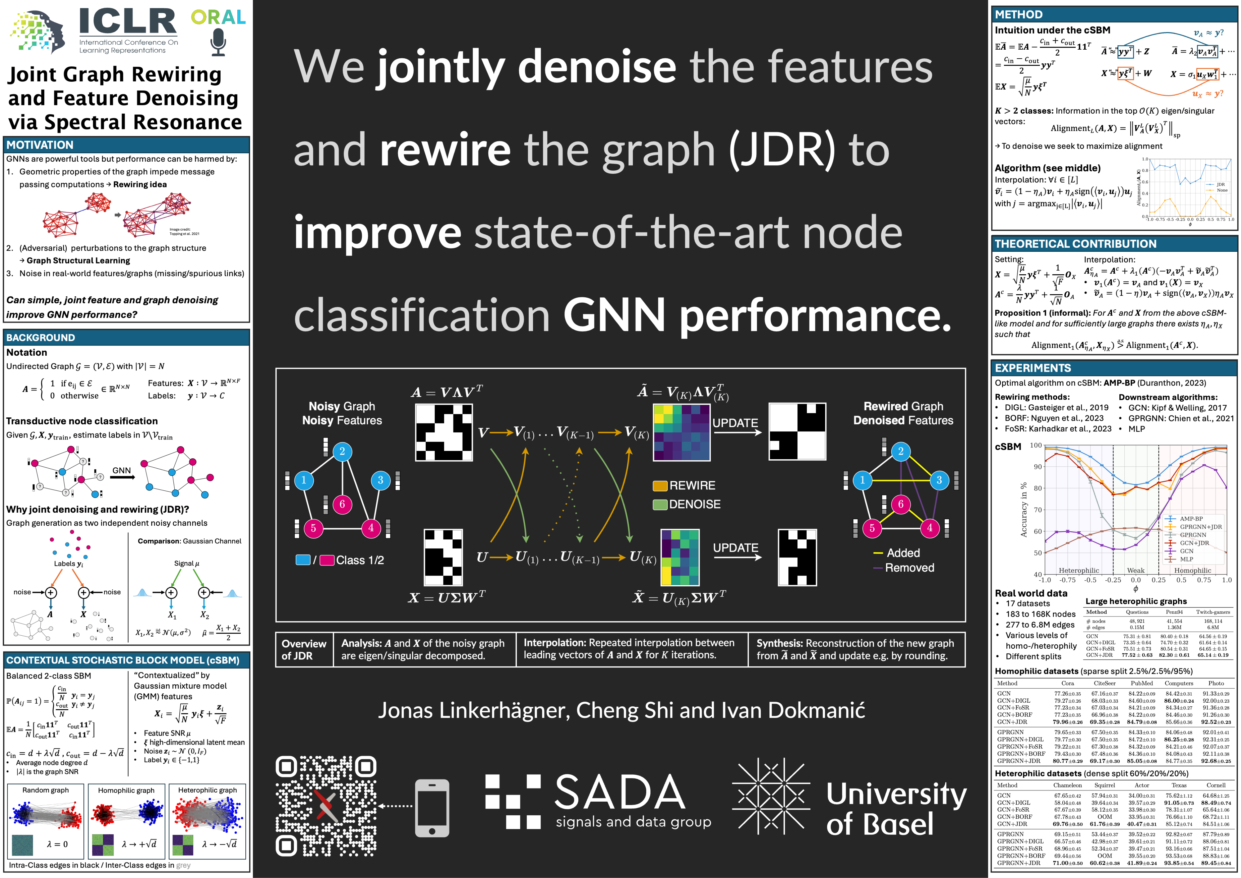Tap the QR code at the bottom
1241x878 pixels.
click(x=326, y=806)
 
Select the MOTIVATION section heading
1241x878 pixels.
click(x=40, y=145)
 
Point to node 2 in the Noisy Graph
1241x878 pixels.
click(x=342, y=452)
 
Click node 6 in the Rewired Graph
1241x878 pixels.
click(x=900, y=504)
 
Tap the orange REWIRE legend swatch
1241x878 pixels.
click(x=660, y=485)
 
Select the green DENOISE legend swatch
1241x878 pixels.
click(x=660, y=504)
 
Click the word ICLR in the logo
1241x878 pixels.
click(x=128, y=22)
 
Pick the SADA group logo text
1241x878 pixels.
click(x=620, y=792)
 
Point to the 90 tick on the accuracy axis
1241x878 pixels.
click(x=1037, y=466)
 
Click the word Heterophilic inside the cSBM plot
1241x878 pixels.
click(x=1078, y=570)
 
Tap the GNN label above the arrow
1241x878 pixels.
click(x=122, y=471)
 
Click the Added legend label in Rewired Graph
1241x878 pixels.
click(x=903, y=552)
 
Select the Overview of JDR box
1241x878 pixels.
click(x=304, y=649)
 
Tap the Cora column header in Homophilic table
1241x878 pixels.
click(x=1068, y=683)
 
